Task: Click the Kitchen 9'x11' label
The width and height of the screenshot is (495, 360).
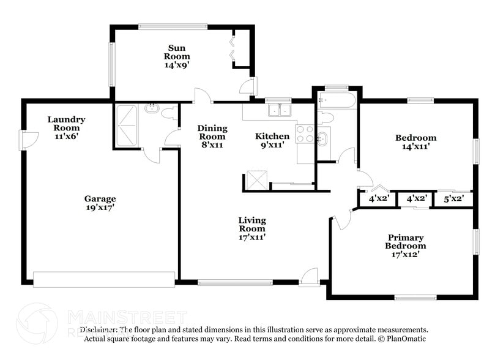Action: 272,140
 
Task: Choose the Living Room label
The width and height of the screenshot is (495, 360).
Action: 252,228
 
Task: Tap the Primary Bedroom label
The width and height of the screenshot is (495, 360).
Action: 405,246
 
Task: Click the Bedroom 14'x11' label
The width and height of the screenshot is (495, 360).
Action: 415,142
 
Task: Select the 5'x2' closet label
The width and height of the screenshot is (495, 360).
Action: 453,198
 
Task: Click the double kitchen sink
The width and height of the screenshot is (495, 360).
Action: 280,110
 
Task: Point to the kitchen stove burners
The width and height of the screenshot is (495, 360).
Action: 304,133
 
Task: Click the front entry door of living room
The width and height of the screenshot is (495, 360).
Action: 309,278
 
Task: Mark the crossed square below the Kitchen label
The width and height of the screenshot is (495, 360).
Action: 253,180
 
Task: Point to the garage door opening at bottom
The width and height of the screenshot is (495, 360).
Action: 103,279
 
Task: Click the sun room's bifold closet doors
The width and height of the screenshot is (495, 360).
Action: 233,49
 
